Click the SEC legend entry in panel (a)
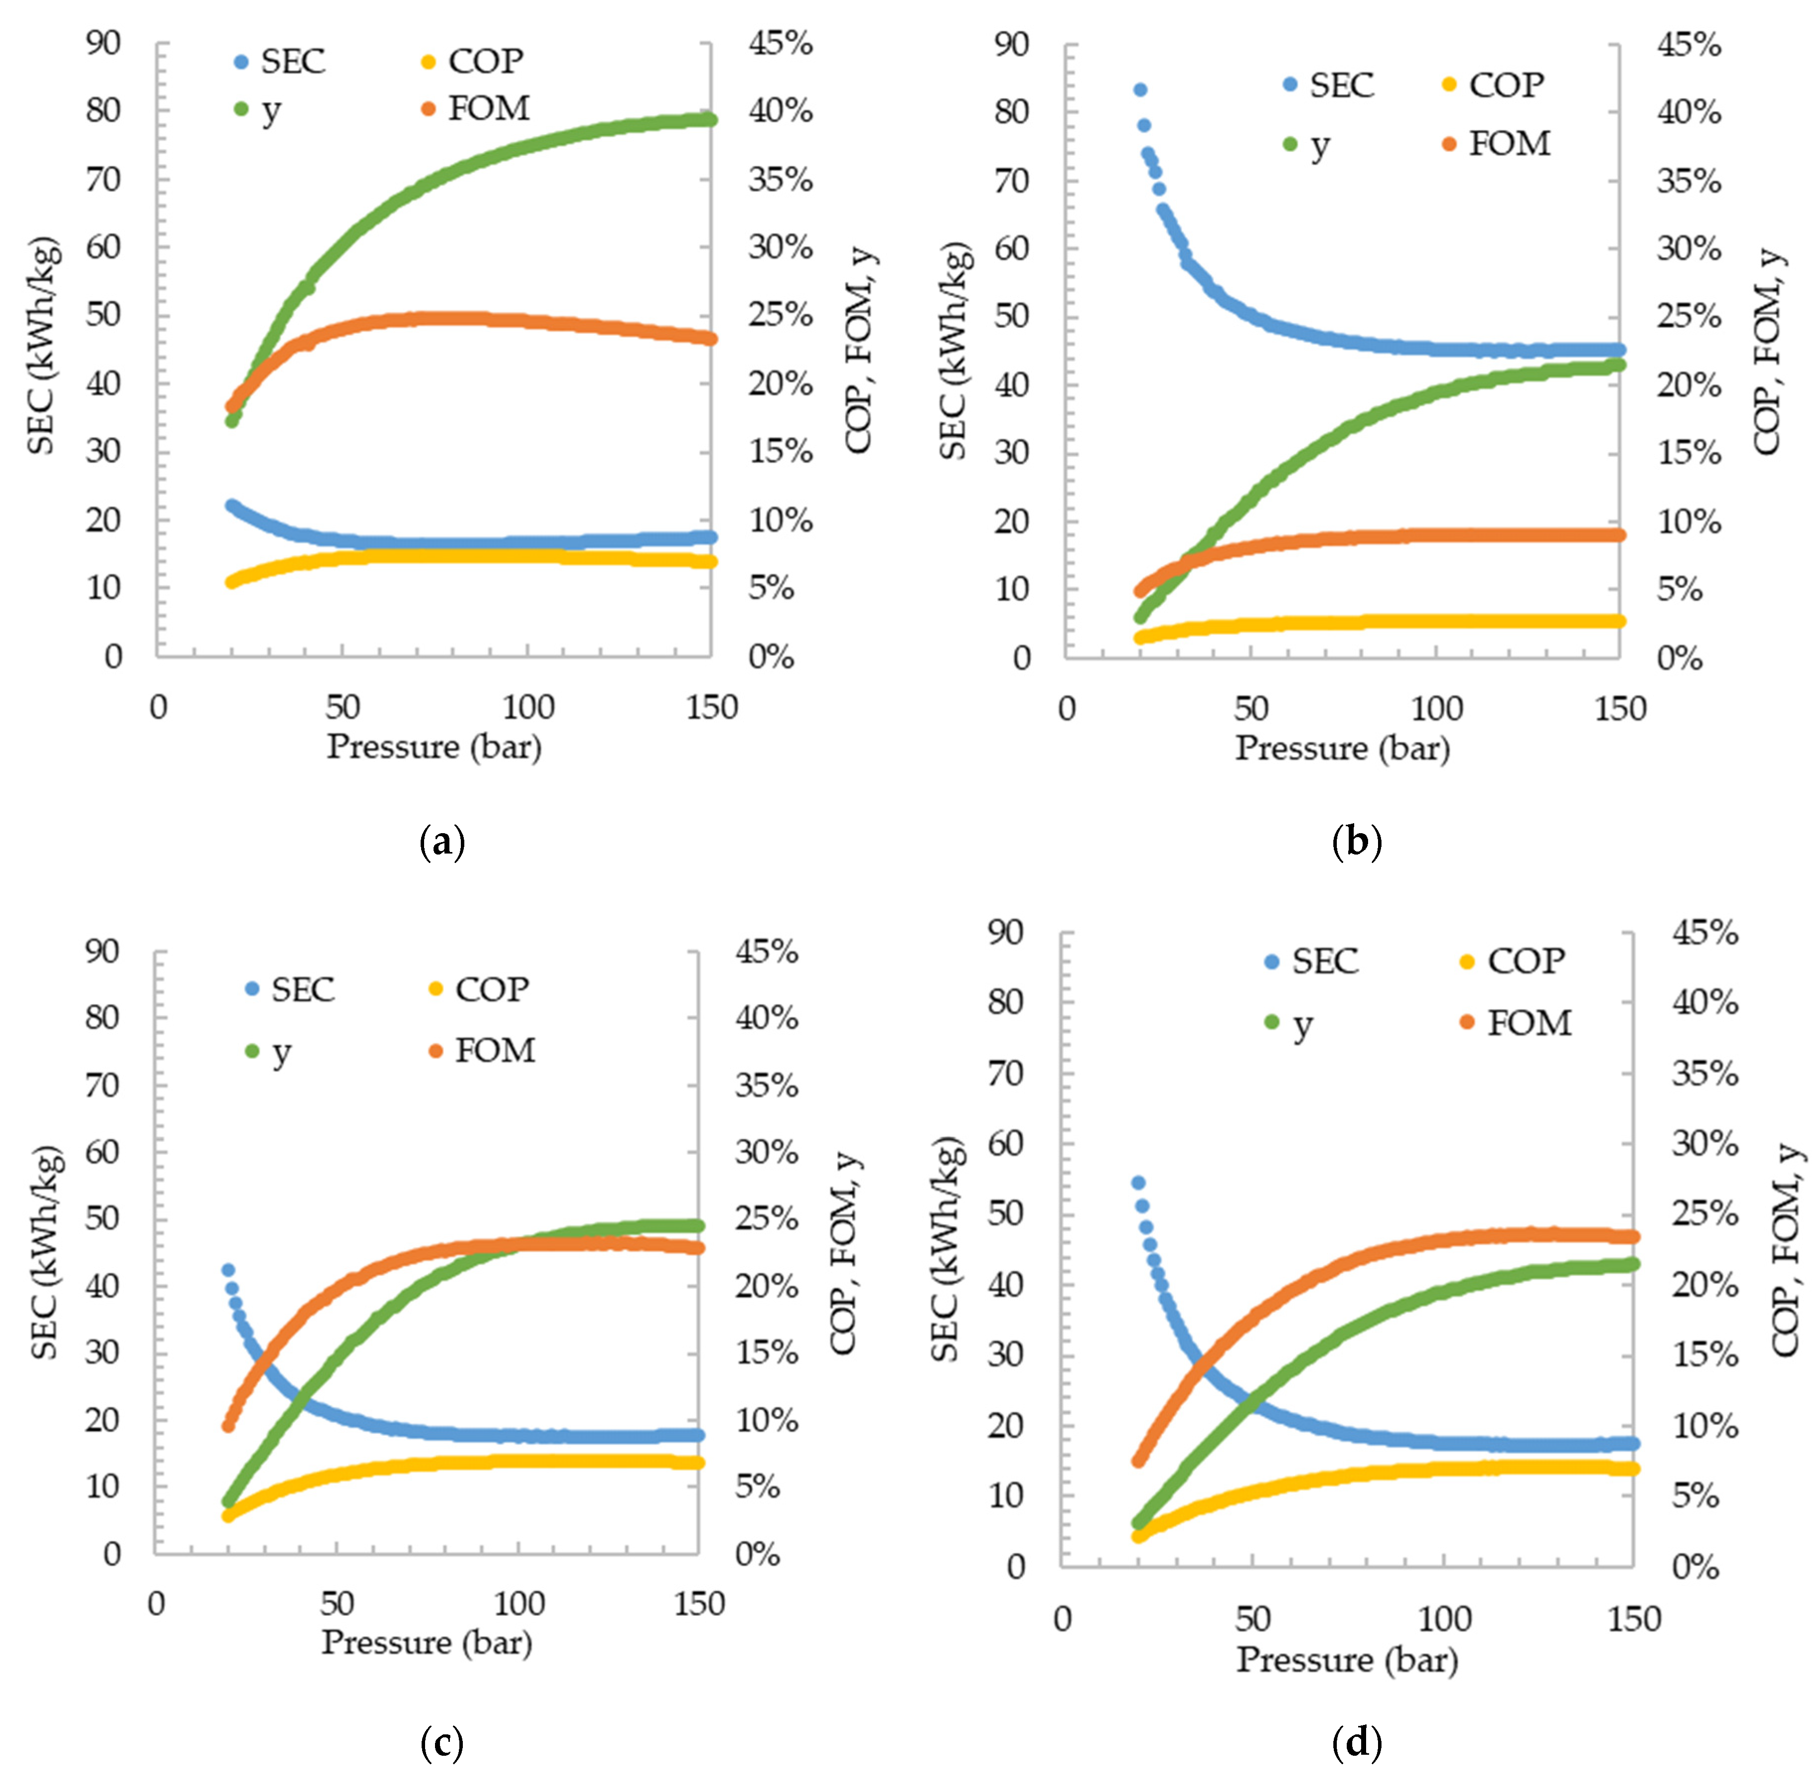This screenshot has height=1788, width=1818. pos(279,62)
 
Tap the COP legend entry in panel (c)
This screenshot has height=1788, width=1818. pos(478,989)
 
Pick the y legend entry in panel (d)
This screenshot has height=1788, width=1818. pos(1288,1023)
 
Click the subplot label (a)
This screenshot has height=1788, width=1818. pos(441,842)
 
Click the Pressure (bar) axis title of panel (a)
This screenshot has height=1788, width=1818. pos(434,747)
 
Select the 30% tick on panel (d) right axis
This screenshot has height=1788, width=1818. pos(1704,1144)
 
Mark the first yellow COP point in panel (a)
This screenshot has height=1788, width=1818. pos(231,582)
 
